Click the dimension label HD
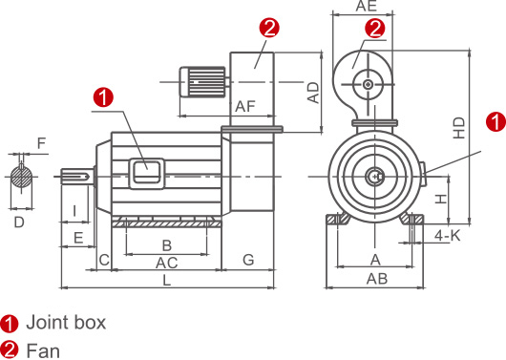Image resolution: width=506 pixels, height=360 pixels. (459, 128)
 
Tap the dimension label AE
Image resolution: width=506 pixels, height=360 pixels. (367, 6)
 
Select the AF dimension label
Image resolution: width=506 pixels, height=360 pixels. (245, 106)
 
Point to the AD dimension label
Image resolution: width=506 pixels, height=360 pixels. (313, 93)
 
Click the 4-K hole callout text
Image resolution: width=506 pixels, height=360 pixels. (448, 236)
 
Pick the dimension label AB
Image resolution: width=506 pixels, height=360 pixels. (377, 279)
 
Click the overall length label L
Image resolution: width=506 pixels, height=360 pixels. (166, 280)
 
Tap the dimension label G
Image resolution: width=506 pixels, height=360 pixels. (248, 260)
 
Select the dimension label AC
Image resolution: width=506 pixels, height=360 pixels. (167, 263)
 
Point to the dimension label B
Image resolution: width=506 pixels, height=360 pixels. (166, 245)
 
